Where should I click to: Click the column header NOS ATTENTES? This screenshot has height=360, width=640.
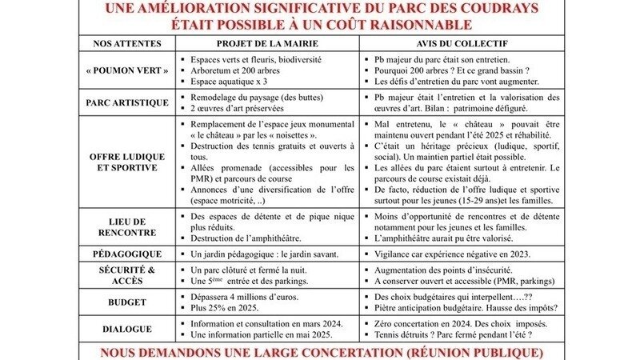point(127,42)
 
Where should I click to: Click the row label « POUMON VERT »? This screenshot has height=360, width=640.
point(127,70)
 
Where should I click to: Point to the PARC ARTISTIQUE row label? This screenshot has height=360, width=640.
point(127,102)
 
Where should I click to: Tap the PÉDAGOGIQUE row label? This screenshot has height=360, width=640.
point(127,254)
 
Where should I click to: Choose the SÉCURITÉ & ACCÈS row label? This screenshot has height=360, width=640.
point(127,275)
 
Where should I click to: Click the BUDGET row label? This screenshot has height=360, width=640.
point(127,302)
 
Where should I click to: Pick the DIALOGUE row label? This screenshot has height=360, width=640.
point(127,328)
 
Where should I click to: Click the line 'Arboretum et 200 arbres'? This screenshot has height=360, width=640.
point(234,70)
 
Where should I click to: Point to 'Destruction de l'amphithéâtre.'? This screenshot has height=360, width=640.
point(250,239)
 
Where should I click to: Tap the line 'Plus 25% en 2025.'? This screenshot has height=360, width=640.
point(226,308)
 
